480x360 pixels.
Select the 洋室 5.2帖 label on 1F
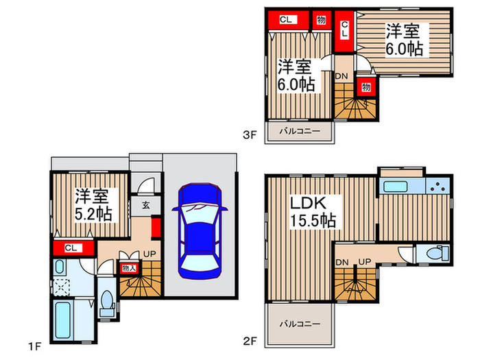pos(93,205)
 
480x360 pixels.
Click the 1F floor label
pos(34,346)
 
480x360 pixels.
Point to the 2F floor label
pos(250,341)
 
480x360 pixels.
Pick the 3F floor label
pos(249,134)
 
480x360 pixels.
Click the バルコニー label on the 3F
pos(300,132)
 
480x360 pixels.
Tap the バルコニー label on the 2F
pos(300,324)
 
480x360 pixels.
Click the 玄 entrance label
pos(146,205)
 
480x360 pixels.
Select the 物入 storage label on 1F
pos(129,268)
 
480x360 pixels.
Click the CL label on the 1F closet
pos(71,248)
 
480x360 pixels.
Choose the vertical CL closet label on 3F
pos(344,29)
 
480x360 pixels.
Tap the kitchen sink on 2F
pos(396,187)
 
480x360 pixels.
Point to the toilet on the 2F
pos(436,253)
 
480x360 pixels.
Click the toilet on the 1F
pos(106,302)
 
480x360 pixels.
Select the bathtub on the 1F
pos(63,320)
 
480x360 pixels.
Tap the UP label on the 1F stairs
pos(149,254)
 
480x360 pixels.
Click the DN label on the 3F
pos(341,76)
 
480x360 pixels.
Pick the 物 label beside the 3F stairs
pos(365,87)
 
